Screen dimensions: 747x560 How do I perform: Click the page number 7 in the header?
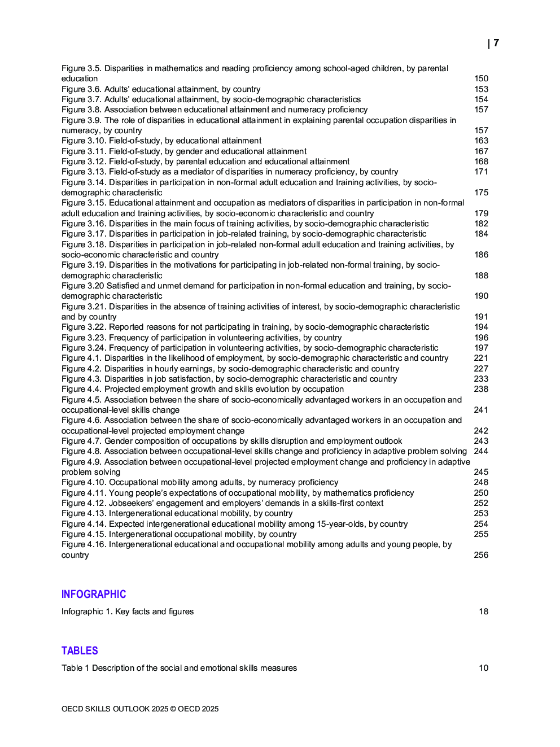tap(496, 43)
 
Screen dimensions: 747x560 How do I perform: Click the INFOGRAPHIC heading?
tap(94, 594)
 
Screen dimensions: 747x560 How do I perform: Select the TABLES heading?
tap(80, 650)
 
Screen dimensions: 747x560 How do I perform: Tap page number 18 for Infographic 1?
tap(483, 611)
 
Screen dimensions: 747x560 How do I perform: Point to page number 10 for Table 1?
tap(483, 668)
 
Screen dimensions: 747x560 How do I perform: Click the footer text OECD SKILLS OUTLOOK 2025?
tap(115, 709)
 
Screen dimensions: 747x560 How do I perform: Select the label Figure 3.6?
tap(81, 89)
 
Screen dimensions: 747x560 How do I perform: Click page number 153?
tap(481, 89)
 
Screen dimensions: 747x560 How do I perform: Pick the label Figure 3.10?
tap(84, 141)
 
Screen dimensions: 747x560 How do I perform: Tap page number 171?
tap(481, 172)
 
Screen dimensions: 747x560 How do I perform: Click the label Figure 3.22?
tap(84, 327)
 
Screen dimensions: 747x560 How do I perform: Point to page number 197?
tap(481, 348)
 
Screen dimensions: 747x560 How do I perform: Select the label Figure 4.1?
tap(81, 358)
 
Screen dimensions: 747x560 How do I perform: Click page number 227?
tap(481, 369)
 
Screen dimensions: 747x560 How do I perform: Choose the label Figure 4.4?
tap(81, 389)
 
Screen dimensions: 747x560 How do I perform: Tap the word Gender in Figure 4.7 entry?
tap(118, 441)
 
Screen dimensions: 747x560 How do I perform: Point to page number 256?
tap(481, 555)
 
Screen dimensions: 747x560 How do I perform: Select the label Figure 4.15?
tap(84, 534)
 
